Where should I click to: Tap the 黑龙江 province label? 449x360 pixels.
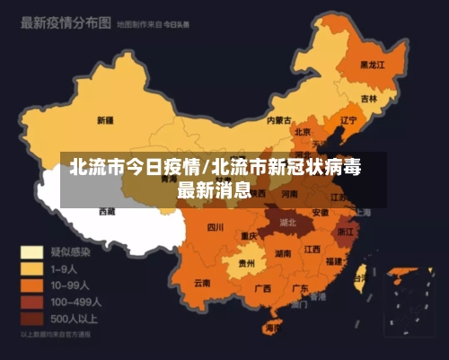pos(372,65)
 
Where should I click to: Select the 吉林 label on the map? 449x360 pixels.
pos(369,98)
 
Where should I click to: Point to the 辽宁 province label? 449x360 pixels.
pos(349,119)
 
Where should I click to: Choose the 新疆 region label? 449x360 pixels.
pos(105,119)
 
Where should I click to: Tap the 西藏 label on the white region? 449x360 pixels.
pos(107,212)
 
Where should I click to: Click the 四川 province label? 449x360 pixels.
pos(215,227)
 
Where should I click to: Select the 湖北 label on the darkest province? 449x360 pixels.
pos(287,221)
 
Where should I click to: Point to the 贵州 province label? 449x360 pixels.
pos(244,265)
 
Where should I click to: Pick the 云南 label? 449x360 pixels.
pos(202,283)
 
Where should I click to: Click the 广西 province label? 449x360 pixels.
pos(263,289)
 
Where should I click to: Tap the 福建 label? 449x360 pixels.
pos(334,261)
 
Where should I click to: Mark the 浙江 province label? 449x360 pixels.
pos(346,231)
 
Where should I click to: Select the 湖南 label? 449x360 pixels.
pos(283,254)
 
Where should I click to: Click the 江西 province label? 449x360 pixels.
pos(312,250)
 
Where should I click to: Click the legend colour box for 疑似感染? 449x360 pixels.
pos(32,252)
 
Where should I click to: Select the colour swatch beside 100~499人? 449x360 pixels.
pos(32,302)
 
